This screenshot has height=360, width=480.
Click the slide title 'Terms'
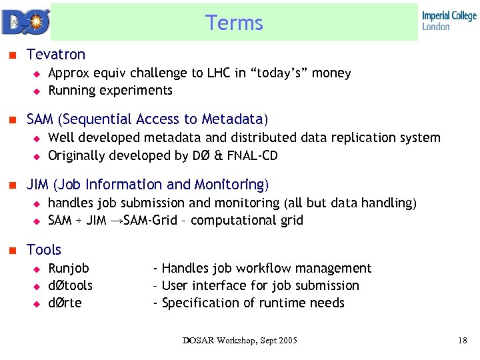click(x=234, y=23)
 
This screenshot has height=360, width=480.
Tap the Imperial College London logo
click(x=449, y=21)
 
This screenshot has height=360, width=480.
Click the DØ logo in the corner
click(x=24, y=21)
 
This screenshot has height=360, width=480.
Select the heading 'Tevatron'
click(x=56, y=54)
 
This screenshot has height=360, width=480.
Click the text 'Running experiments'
click(x=110, y=90)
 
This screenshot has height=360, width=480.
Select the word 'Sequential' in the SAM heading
click(x=98, y=119)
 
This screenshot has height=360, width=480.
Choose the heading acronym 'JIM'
click(x=39, y=185)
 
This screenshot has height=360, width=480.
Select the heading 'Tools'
click(x=44, y=250)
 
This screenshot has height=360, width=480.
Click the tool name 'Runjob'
click(x=69, y=268)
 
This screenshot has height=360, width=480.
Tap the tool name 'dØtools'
click(x=71, y=285)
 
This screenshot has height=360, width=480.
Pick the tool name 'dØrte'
click(x=65, y=303)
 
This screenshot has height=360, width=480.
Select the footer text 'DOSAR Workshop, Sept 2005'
click(x=240, y=341)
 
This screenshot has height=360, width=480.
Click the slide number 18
click(x=463, y=341)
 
